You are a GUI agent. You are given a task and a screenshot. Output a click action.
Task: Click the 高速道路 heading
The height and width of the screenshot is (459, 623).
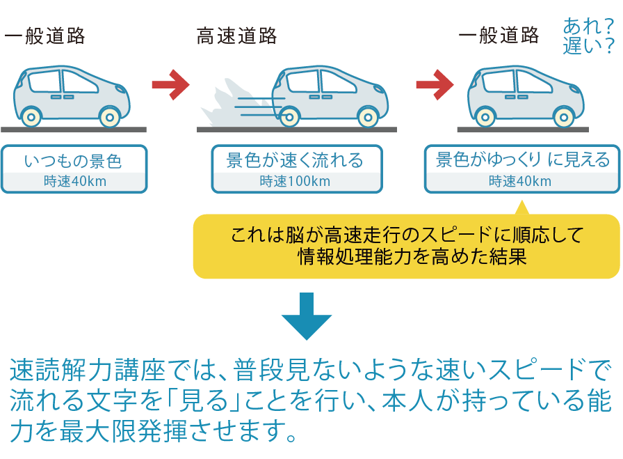click(237, 36)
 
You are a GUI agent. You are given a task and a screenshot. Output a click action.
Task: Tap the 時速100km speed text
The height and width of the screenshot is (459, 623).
click(296, 182)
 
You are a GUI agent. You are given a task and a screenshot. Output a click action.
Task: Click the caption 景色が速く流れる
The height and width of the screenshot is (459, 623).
click(296, 162)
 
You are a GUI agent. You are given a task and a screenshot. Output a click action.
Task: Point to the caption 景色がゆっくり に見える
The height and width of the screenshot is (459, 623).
click(522, 161)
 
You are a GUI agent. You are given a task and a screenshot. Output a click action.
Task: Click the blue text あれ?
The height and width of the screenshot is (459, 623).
click(588, 28)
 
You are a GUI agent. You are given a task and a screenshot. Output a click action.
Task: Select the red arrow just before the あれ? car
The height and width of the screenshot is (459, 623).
click(434, 84)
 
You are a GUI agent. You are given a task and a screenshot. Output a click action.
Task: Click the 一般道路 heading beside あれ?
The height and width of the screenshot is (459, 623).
click(499, 36)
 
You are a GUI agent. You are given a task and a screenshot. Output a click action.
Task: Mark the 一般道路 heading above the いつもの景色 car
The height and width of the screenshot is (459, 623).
click(44, 36)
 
